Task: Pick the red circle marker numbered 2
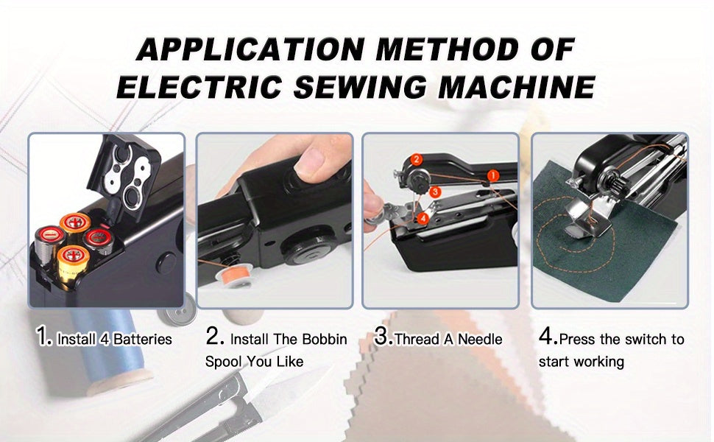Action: (x=415, y=159)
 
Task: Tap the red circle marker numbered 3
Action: (x=436, y=192)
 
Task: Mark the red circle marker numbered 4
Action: (x=422, y=218)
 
